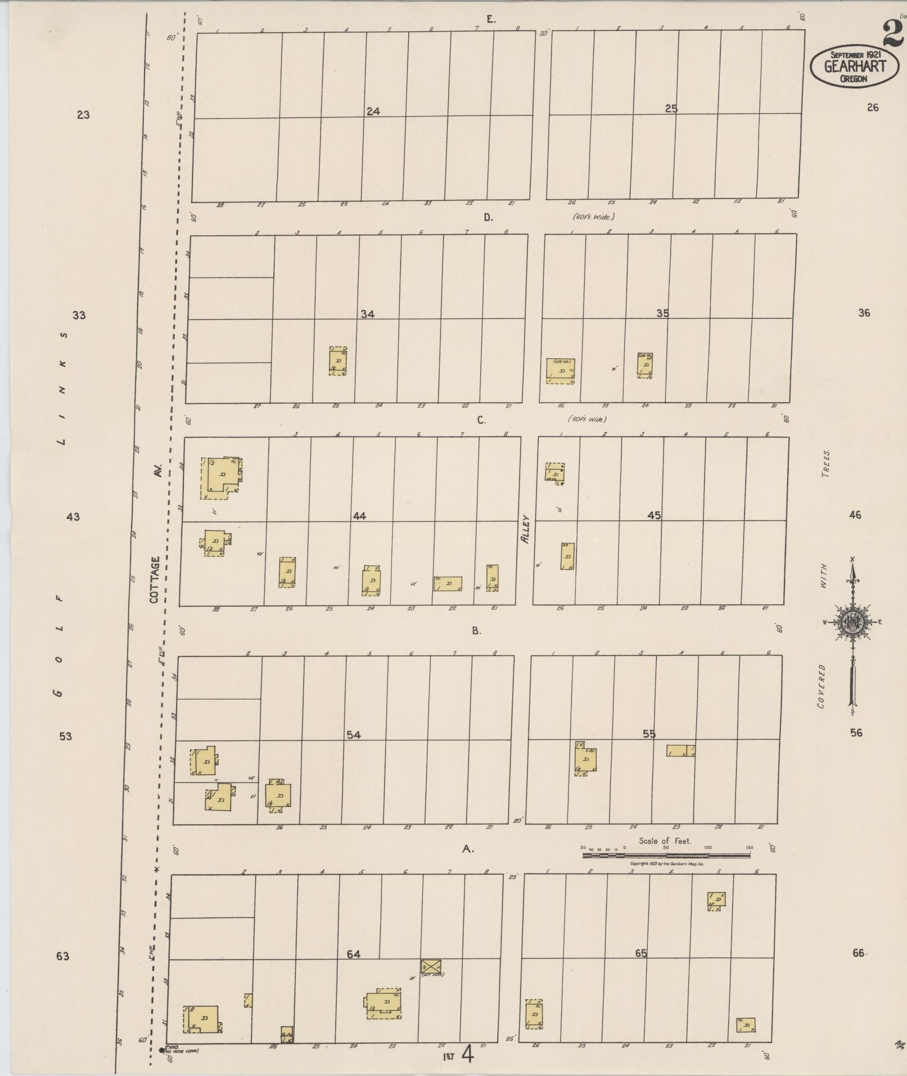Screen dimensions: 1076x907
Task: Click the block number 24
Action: (373, 111)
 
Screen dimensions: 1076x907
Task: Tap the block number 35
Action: (662, 313)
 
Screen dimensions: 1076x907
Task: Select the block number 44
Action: (359, 516)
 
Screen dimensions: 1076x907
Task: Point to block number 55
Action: (649, 734)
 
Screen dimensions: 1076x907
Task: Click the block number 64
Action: (353, 954)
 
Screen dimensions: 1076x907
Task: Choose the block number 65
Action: (641, 953)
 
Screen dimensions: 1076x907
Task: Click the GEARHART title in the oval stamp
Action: (854, 66)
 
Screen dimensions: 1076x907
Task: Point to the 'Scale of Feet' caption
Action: (665, 841)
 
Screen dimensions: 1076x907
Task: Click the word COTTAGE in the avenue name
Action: (156, 580)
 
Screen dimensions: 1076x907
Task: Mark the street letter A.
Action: (468, 849)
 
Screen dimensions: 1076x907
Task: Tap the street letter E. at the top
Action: (491, 20)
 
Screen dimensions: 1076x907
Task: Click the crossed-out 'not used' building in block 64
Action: (431, 966)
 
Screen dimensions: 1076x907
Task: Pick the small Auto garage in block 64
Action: (287, 1034)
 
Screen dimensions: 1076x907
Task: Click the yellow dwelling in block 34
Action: (338, 361)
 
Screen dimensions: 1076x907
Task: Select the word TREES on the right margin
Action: (825, 463)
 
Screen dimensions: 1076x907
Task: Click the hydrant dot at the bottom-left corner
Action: (162, 1050)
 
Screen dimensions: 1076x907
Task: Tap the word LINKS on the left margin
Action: (63, 388)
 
